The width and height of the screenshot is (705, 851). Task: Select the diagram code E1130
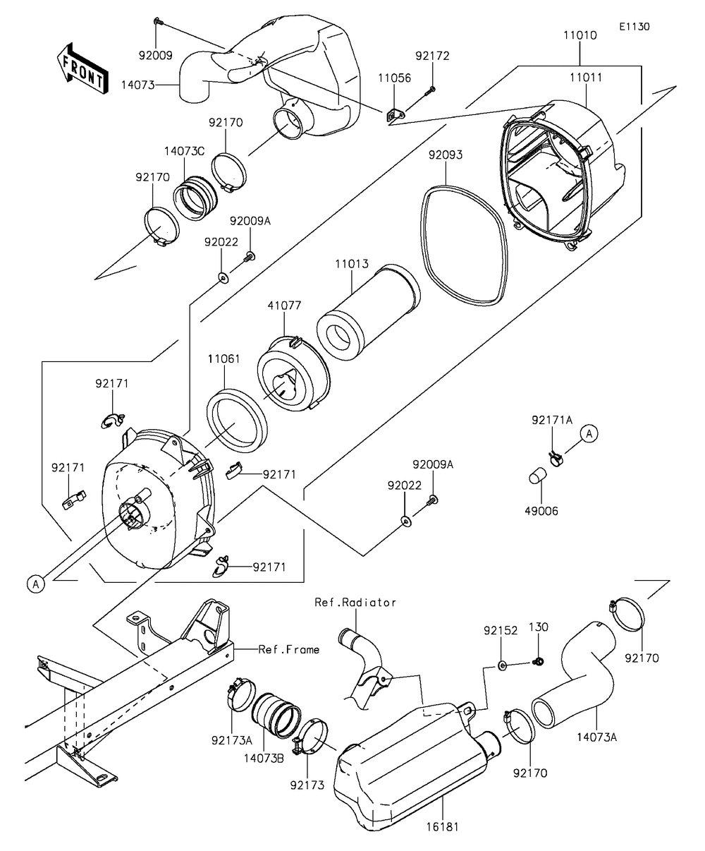(x=634, y=27)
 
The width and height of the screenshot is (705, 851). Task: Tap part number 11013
(x=351, y=262)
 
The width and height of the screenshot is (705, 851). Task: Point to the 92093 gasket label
(x=446, y=154)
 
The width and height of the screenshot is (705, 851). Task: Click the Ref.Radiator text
(x=355, y=603)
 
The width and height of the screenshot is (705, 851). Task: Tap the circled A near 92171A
(x=589, y=433)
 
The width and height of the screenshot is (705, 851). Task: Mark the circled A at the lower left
(x=34, y=583)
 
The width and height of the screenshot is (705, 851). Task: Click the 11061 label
(x=223, y=358)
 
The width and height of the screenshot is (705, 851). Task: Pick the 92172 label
(x=432, y=56)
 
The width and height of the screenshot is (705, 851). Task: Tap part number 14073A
(x=597, y=737)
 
